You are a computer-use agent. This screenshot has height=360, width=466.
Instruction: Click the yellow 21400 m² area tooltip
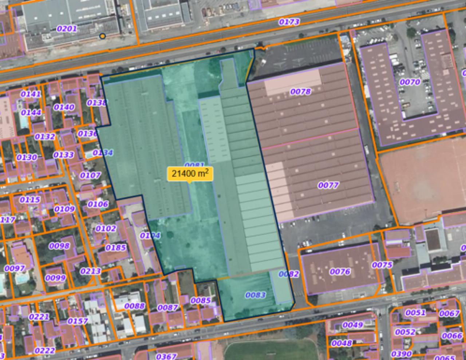tap(190, 174)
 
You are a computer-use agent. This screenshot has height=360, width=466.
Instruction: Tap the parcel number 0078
tap(300, 91)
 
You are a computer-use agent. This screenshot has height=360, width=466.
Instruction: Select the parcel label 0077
tap(328, 186)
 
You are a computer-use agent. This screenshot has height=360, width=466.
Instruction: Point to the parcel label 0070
tap(410, 82)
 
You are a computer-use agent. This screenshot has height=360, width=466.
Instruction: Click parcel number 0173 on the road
tap(289, 22)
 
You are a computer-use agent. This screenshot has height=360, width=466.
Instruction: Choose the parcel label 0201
tap(67, 28)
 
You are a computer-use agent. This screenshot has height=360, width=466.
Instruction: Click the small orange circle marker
tap(103, 36)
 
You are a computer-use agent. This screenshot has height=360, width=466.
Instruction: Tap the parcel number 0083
tap(255, 295)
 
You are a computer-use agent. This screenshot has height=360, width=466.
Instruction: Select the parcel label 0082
tap(289, 274)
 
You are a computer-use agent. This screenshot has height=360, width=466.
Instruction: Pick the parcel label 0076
tap(340, 272)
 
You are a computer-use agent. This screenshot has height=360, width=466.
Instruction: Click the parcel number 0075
tap(382, 265)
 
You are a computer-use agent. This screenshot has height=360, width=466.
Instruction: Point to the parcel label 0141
tap(31, 94)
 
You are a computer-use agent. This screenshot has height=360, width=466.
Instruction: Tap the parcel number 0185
tap(116, 248)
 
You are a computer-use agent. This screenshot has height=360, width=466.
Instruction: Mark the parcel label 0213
tap(90, 271)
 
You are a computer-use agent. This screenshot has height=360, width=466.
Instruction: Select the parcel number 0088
tap(134, 306)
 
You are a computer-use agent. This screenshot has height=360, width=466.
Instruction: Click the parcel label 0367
tap(166, 356)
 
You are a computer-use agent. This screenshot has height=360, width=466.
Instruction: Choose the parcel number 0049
tap(353, 325)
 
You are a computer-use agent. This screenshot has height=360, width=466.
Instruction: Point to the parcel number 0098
tap(59, 246)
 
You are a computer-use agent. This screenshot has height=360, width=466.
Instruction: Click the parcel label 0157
tap(78, 321)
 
